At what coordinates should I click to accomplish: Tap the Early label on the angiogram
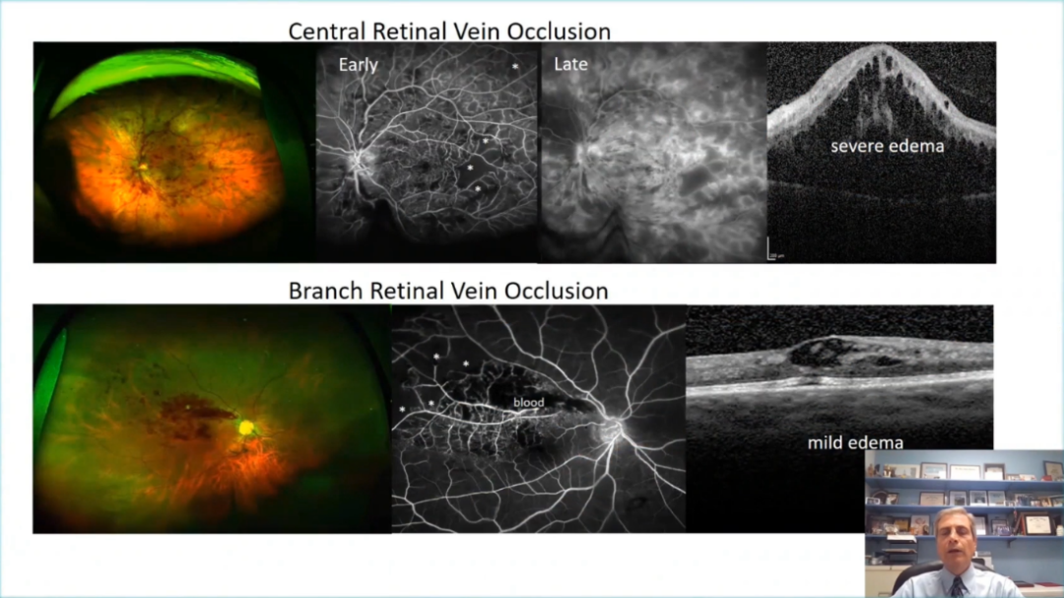click(x=359, y=64)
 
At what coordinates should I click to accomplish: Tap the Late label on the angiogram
click(x=570, y=64)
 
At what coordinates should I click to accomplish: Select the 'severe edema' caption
click(x=887, y=146)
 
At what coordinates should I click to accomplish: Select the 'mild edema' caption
click(x=855, y=442)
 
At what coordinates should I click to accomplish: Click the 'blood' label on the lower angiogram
click(x=529, y=403)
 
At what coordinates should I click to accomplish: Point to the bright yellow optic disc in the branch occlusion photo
click(x=246, y=428)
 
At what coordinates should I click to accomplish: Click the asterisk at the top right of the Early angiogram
click(x=515, y=67)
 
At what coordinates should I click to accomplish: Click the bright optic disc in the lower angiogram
click(x=612, y=429)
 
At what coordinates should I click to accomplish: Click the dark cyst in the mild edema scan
click(x=818, y=352)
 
